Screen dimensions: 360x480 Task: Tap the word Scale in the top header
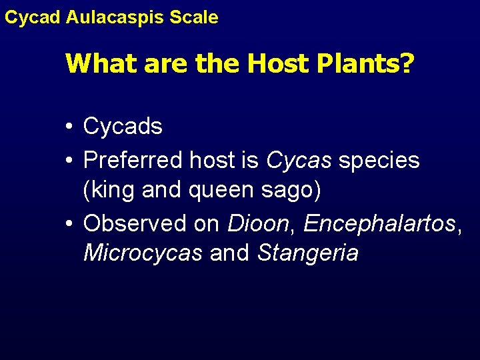click(x=195, y=17)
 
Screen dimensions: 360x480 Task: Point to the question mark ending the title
click(x=407, y=64)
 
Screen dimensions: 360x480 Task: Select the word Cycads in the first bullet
click(x=123, y=127)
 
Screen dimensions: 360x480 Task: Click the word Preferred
click(x=133, y=161)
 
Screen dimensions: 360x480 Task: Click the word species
click(x=379, y=161)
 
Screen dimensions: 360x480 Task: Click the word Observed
click(x=134, y=223)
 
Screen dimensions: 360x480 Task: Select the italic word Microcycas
click(x=143, y=253)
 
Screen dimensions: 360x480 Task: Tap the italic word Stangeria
click(x=307, y=253)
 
